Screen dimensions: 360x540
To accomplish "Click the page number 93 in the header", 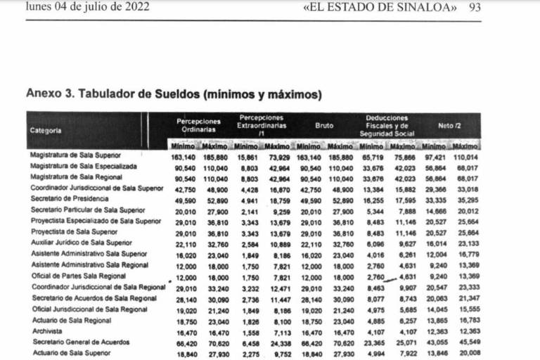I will click(475, 8).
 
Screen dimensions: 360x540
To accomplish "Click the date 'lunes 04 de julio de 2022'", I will click(86, 8).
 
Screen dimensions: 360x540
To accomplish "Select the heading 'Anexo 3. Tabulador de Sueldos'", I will click(173, 94).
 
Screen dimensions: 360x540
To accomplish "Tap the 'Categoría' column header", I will click(46, 130).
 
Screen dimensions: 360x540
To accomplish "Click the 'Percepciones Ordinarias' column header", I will click(198, 126).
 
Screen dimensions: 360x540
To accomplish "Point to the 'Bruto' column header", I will click(324, 126).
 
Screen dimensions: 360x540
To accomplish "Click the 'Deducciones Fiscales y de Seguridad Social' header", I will click(386, 126).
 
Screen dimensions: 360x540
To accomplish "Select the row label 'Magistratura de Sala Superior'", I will click(75, 155).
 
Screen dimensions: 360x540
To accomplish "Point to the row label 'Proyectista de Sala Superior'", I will click(74, 232).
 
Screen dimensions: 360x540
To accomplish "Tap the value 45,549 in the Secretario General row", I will click(465, 342).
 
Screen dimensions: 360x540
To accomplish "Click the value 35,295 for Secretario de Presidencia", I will click(465, 200).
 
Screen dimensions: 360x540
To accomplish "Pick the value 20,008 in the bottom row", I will click(465, 354).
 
